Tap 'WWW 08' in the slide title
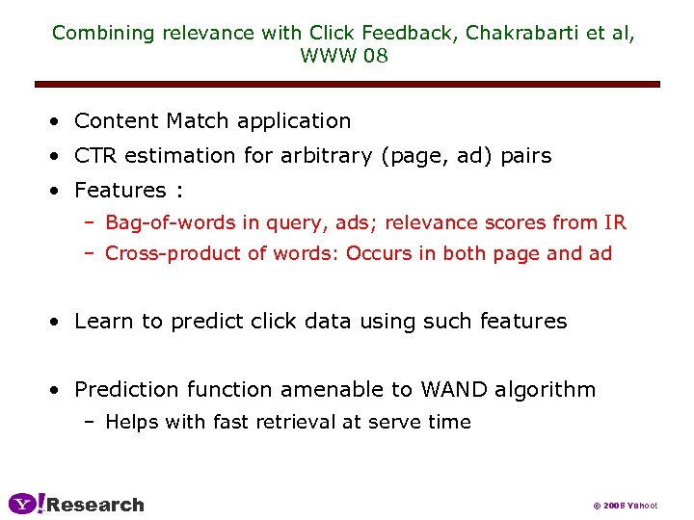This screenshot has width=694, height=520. click(344, 56)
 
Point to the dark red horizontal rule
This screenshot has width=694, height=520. click(347, 85)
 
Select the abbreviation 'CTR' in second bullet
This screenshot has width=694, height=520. click(94, 156)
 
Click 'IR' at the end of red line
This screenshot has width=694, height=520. click(615, 223)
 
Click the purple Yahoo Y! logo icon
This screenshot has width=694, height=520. click(26, 504)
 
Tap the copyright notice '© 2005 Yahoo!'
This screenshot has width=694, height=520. click(624, 506)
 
